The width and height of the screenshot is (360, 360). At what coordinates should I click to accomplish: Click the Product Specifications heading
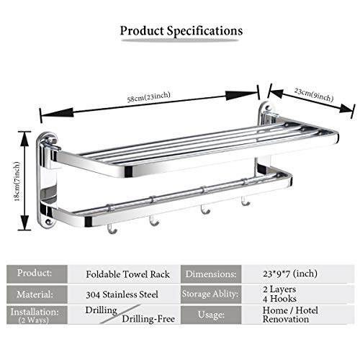[181, 31]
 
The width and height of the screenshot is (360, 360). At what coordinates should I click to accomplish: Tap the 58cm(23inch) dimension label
[149, 96]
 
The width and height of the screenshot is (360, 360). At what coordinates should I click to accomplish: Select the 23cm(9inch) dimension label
[314, 94]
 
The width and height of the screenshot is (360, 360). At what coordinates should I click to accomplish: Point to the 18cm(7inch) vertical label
[17, 181]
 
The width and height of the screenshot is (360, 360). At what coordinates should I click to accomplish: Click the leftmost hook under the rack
[112, 229]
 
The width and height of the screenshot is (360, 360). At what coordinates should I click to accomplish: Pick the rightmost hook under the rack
[246, 202]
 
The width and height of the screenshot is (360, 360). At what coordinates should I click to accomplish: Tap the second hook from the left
[153, 221]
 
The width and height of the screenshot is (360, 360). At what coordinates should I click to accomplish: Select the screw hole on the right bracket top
[269, 107]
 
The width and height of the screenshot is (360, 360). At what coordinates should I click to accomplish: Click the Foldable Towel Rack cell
[127, 274]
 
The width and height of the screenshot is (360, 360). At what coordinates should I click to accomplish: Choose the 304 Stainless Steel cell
[122, 294]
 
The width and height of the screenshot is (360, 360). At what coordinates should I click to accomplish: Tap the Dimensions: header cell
[211, 274]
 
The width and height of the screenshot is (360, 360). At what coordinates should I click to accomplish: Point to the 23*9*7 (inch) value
[290, 274]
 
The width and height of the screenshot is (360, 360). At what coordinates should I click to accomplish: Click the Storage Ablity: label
[210, 294]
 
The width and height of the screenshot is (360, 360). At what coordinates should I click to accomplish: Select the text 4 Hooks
[279, 299]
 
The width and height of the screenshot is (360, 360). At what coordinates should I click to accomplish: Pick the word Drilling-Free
[148, 319]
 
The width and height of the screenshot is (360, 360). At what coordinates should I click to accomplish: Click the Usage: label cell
[211, 315]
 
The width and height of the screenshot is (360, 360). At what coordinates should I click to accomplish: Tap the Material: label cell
[35, 294]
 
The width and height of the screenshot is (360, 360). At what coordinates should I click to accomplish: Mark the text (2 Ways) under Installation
[34, 320]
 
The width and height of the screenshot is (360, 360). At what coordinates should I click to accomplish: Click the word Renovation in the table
[286, 320]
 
